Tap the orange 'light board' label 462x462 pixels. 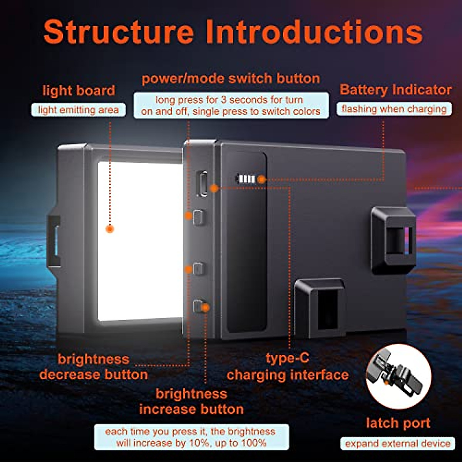(x=79, y=90)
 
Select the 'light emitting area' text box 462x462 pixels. (x=78, y=110)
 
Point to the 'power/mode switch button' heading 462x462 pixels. (x=231, y=79)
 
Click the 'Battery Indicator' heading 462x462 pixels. (x=395, y=90)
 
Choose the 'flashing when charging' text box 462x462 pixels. (x=394, y=109)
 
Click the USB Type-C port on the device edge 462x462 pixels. (x=203, y=184)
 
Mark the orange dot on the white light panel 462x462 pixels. (x=110, y=229)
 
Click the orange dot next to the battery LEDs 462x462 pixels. (x=261, y=179)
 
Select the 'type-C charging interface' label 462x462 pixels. (x=287, y=367)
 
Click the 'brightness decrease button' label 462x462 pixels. (x=94, y=367)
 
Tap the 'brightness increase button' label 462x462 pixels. (x=191, y=401)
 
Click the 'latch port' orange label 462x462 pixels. (x=398, y=423)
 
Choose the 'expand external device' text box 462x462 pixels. (x=398, y=444)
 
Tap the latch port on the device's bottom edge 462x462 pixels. (x=320, y=308)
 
